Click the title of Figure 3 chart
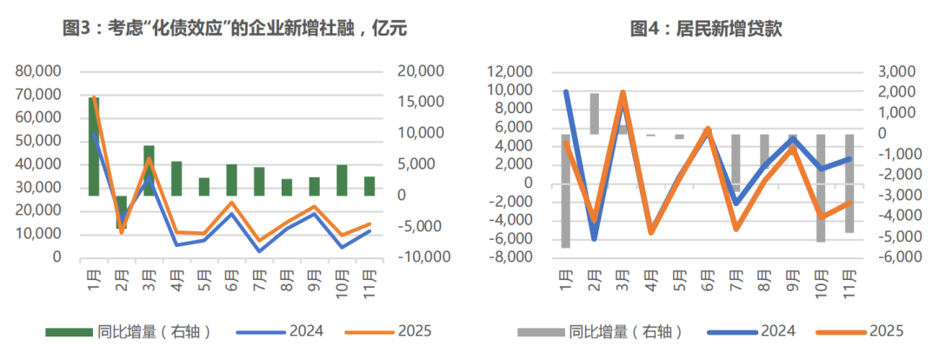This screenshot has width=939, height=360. [x=235, y=29]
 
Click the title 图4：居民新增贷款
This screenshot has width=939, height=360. [x=706, y=29]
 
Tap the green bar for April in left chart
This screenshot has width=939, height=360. [x=176, y=178]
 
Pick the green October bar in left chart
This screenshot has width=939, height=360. [x=342, y=180]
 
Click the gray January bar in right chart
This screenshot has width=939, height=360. [x=566, y=191]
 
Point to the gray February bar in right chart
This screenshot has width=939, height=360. [x=595, y=114]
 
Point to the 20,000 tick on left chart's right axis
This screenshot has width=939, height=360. [x=420, y=70]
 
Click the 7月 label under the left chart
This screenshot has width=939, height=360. [x=259, y=281]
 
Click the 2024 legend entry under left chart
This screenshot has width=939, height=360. [x=303, y=331]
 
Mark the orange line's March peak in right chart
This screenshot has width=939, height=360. [x=623, y=91]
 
